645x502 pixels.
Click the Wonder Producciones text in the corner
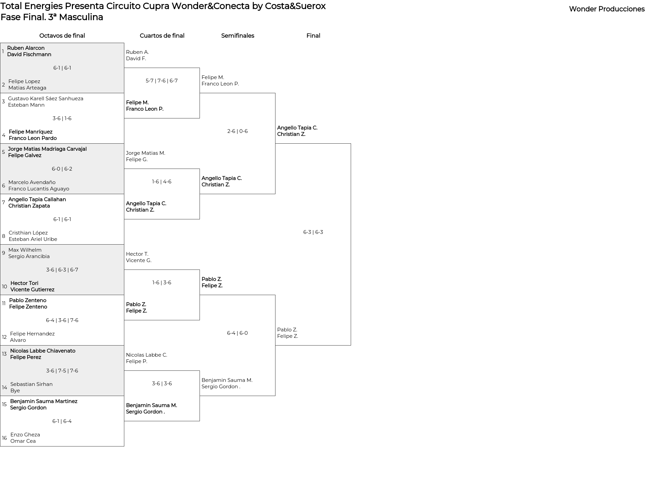click(607, 9)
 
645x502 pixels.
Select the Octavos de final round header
click(62, 36)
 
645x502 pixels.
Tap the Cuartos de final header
click(162, 36)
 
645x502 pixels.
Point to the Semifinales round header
click(238, 36)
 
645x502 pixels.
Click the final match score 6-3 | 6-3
click(313, 232)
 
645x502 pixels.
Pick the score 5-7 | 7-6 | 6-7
click(162, 81)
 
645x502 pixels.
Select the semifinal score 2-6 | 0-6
click(238, 131)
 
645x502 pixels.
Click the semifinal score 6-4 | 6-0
click(238, 333)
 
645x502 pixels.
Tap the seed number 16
click(4, 438)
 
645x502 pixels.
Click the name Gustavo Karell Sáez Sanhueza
click(46, 99)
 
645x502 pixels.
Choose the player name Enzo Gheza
click(25, 435)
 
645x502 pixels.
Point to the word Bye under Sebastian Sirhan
click(15, 391)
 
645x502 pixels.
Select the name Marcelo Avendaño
click(32, 182)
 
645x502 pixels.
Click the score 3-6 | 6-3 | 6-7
click(62, 270)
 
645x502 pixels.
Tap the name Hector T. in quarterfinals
click(137, 254)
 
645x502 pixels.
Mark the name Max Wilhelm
click(25, 250)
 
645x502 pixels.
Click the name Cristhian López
click(28, 233)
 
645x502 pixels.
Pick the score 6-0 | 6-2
click(62, 169)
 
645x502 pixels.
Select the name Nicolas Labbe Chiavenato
click(43, 351)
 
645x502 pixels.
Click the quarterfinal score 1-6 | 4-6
click(162, 182)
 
